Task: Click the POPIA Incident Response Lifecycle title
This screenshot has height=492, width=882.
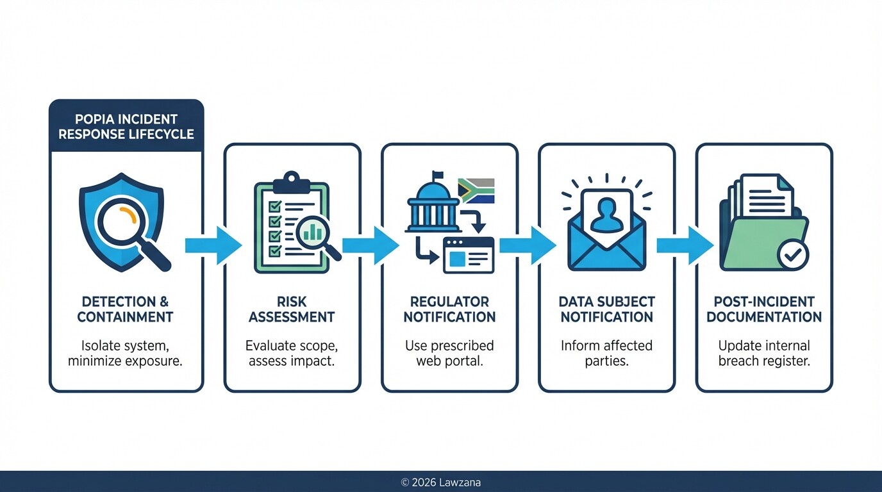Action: (126, 126)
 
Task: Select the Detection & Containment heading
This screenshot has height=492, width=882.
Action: (126, 309)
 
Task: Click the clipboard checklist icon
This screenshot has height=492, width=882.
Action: (292, 221)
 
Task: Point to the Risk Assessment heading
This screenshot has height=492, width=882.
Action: (292, 309)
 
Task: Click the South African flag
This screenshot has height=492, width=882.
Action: (476, 190)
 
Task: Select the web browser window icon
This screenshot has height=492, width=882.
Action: (469, 254)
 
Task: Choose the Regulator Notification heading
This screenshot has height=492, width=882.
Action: (449, 309)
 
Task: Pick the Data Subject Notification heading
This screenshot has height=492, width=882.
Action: (606, 309)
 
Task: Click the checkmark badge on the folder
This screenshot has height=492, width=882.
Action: (793, 255)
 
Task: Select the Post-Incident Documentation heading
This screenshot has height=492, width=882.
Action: (764, 309)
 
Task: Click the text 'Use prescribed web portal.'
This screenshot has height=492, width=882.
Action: (449, 352)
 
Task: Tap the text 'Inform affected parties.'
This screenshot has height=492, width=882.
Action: (606, 352)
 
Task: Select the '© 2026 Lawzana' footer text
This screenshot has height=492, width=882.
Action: (440, 482)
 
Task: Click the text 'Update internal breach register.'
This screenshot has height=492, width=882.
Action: (764, 352)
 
